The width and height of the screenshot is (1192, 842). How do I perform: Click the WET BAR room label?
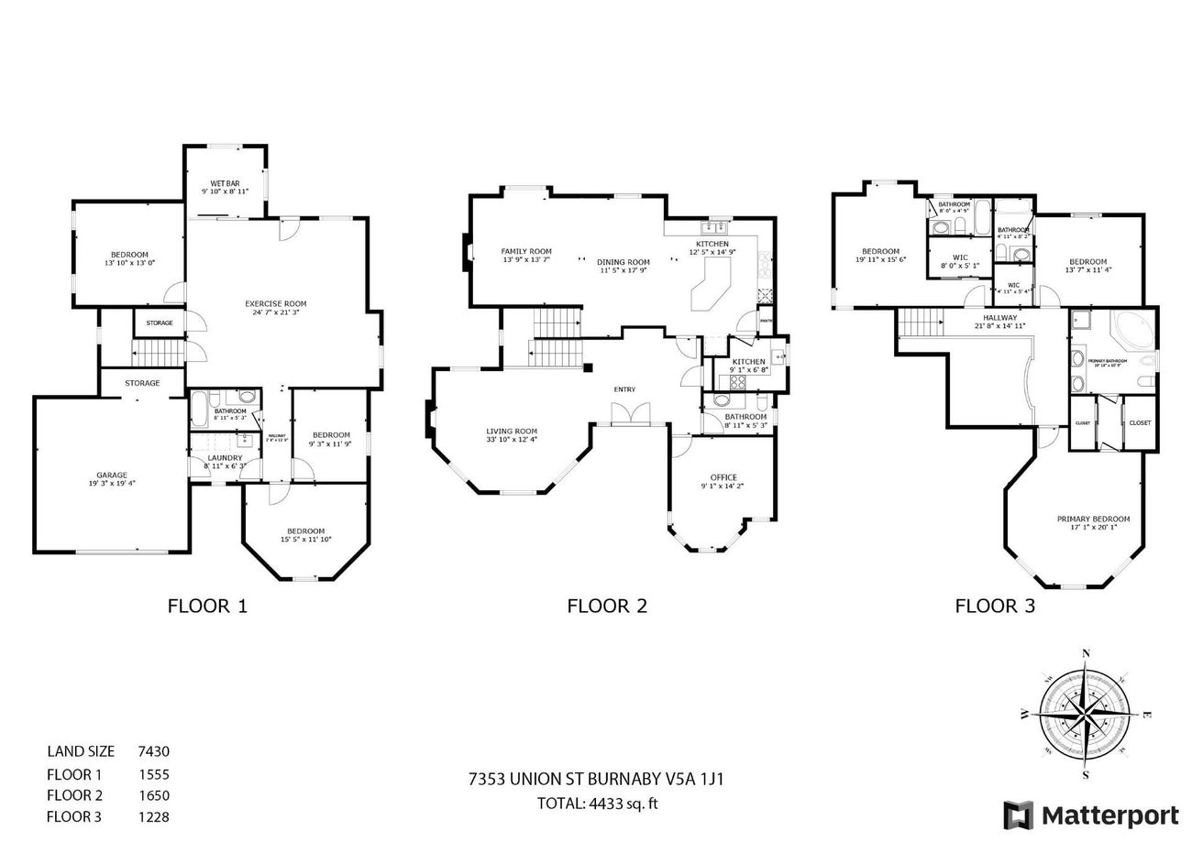coord(226,183)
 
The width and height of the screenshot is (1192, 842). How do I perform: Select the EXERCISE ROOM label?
coord(275,303)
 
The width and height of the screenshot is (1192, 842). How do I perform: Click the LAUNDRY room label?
coord(225,457)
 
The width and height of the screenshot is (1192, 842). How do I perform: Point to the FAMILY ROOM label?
coord(526,251)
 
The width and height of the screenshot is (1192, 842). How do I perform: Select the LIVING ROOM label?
coord(512,431)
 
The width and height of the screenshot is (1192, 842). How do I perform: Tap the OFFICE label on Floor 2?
coord(723,477)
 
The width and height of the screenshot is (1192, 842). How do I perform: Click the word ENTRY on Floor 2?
coord(624,389)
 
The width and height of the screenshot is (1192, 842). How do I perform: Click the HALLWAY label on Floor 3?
coord(999,316)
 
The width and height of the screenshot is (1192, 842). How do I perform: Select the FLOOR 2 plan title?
coord(607,605)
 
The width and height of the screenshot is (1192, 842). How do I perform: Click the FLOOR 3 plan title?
coord(995,605)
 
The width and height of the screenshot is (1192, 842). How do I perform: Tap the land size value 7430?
coord(153,751)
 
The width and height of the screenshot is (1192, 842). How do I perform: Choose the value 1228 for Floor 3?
coord(153,817)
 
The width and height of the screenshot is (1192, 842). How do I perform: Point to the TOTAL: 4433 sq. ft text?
coord(598,804)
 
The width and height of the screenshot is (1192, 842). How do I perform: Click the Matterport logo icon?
coord(1018,815)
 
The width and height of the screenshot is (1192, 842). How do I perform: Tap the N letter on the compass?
coord(1087,653)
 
